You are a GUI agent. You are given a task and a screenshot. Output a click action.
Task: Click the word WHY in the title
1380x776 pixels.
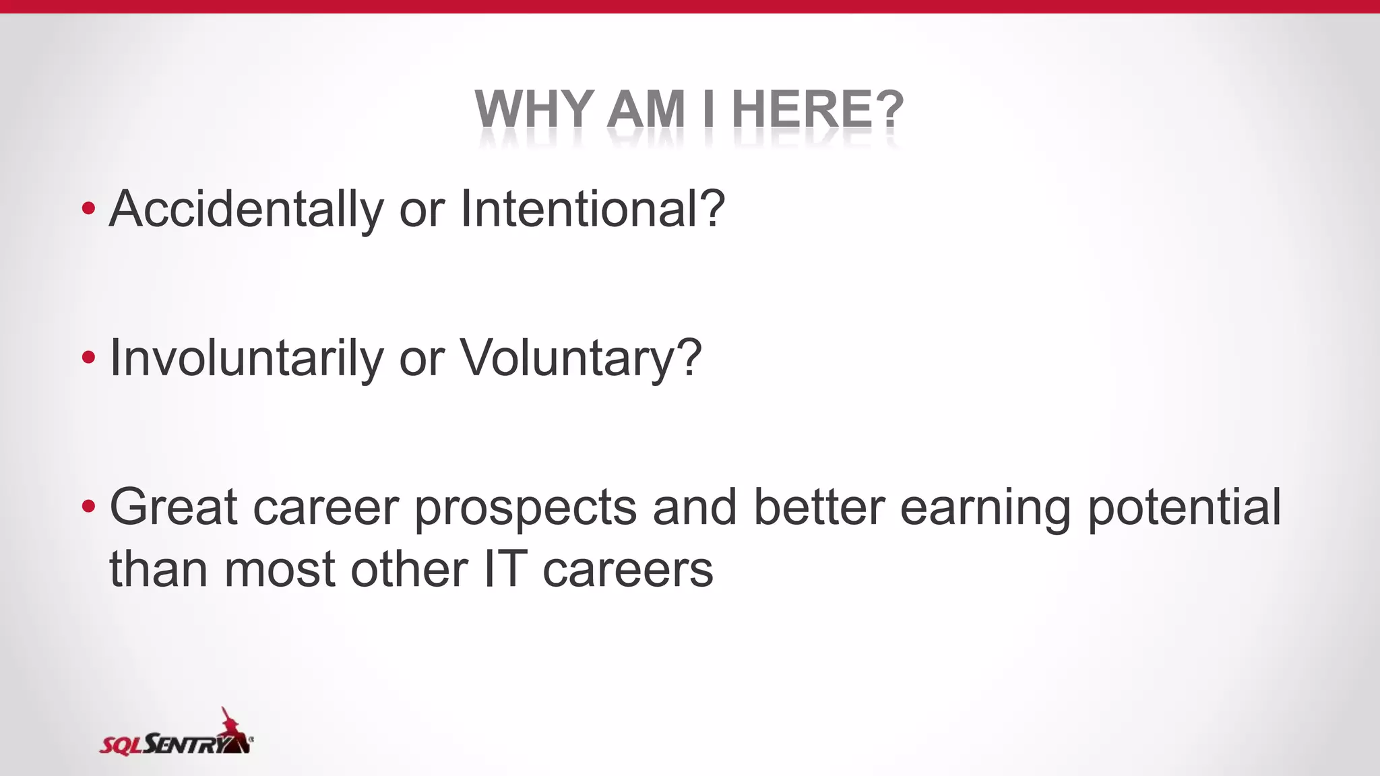533,109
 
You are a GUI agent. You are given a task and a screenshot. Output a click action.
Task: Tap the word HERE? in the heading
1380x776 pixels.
817,109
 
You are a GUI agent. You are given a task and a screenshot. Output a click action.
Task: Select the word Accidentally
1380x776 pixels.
246,209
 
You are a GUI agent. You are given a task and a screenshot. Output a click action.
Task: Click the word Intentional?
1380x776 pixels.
592,209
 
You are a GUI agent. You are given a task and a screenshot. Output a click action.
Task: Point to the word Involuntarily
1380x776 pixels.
246,358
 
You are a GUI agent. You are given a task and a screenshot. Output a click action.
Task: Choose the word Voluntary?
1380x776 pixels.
580,358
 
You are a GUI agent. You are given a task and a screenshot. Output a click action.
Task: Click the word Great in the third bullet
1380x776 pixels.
173,507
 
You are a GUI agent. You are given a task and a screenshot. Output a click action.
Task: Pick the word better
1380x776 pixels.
818,507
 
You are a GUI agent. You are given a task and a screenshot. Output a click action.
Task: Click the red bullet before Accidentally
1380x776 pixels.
88,209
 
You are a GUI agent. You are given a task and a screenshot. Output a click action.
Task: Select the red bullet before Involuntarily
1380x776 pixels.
88,358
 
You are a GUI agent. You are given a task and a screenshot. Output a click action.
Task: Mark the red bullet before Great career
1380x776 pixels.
88,507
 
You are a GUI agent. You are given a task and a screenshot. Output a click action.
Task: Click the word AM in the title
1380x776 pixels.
646,109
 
